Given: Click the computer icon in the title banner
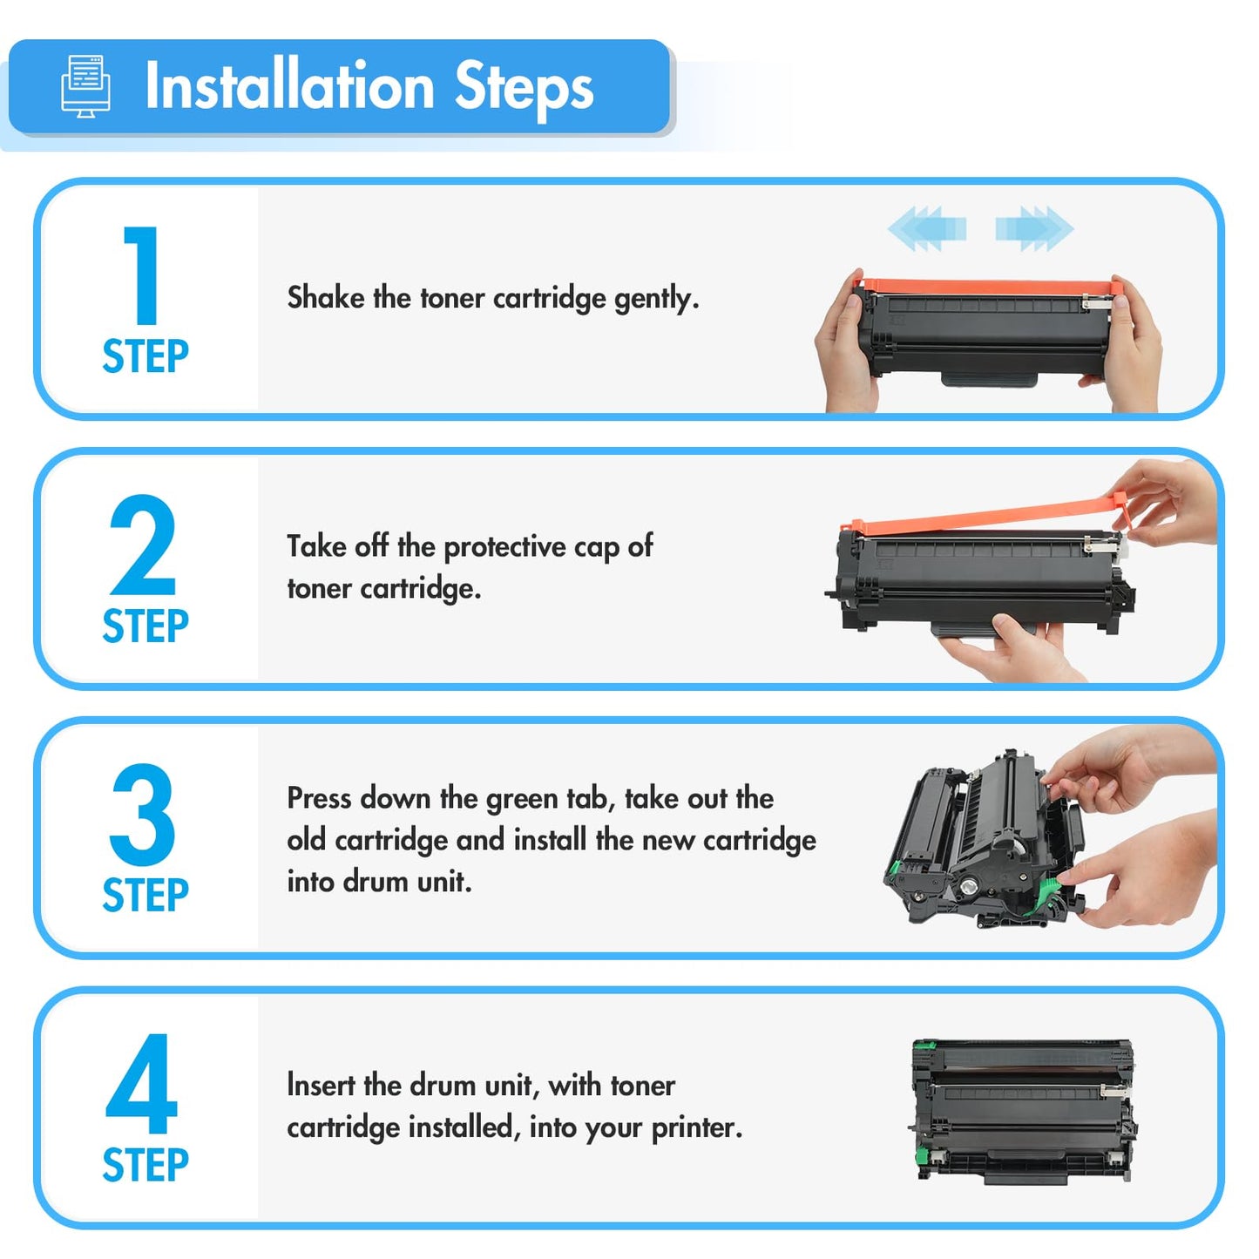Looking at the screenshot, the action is pyautogui.click(x=85, y=86).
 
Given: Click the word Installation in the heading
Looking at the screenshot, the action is pyautogui.click(x=289, y=85).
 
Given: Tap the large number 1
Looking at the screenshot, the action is pyautogui.click(x=142, y=274).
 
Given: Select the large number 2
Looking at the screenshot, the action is pyautogui.click(x=142, y=545).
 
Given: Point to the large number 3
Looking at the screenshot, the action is pyautogui.click(x=142, y=814).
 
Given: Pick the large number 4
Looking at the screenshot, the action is pyautogui.click(x=141, y=1083).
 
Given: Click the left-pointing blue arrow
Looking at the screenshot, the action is pyautogui.click(x=926, y=228).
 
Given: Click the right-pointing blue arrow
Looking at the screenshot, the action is pyautogui.click(x=1034, y=228).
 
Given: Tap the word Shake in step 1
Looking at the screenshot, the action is pyautogui.click(x=326, y=297).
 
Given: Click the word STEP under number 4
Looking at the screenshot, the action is pyautogui.click(x=145, y=1164).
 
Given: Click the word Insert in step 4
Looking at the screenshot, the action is pyautogui.click(x=320, y=1086).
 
